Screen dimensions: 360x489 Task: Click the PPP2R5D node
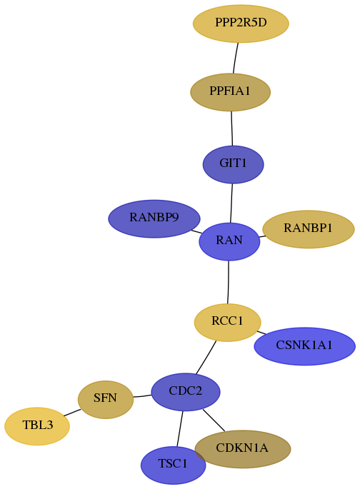[x=241, y=24]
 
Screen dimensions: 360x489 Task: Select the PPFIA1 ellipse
[x=230, y=92]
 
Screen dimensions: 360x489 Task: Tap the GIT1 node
[x=234, y=164]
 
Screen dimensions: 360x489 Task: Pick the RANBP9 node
[x=154, y=218]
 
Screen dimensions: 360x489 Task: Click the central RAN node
[x=229, y=241]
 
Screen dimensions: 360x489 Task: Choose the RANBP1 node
[x=309, y=229]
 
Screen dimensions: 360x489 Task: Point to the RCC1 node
[x=227, y=322]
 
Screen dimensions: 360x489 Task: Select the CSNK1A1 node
[x=304, y=346]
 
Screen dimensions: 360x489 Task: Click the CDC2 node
[x=186, y=392]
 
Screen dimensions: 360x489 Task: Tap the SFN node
[x=106, y=400]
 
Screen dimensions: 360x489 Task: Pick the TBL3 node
[x=37, y=426]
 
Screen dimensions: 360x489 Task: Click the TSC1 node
[x=173, y=465]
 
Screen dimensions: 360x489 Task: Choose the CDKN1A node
[x=242, y=449]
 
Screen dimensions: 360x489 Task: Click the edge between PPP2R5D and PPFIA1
[x=236, y=59]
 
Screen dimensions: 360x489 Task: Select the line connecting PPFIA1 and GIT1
[x=231, y=128]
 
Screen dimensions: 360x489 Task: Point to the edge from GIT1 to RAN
[x=231, y=203]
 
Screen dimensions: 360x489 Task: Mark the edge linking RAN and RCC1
[x=229, y=282]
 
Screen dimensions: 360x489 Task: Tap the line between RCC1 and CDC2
[x=206, y=357]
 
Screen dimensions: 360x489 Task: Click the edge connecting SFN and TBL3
[x=72, y=413]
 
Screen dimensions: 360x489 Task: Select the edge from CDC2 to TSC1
[x=180, y=428]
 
